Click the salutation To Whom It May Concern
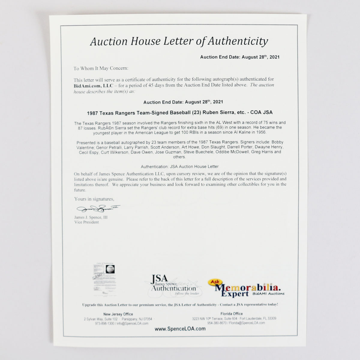click(101, 68)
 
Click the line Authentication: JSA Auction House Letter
click(180, 166)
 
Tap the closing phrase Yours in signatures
click(94, 199)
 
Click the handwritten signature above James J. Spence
click(98, 208)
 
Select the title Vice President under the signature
click(86, 222)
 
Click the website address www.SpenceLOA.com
click(180, 329)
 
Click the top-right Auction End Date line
click(240, 57)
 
